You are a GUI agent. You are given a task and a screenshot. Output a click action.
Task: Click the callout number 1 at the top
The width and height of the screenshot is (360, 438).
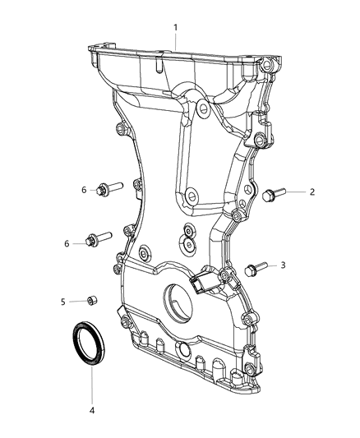(175, 27)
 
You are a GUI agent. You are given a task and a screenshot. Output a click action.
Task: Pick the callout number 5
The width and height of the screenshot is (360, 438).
(62, 302)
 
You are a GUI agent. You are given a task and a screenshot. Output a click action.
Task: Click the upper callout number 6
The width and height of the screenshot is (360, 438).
(84, 190)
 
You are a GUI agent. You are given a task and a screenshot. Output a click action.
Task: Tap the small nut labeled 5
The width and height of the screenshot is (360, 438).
(93, 301)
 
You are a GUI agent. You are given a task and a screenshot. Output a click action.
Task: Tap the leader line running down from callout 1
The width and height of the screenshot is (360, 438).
(170, 58)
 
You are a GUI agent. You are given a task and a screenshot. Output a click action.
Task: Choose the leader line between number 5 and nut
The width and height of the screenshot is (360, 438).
(76, 302)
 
